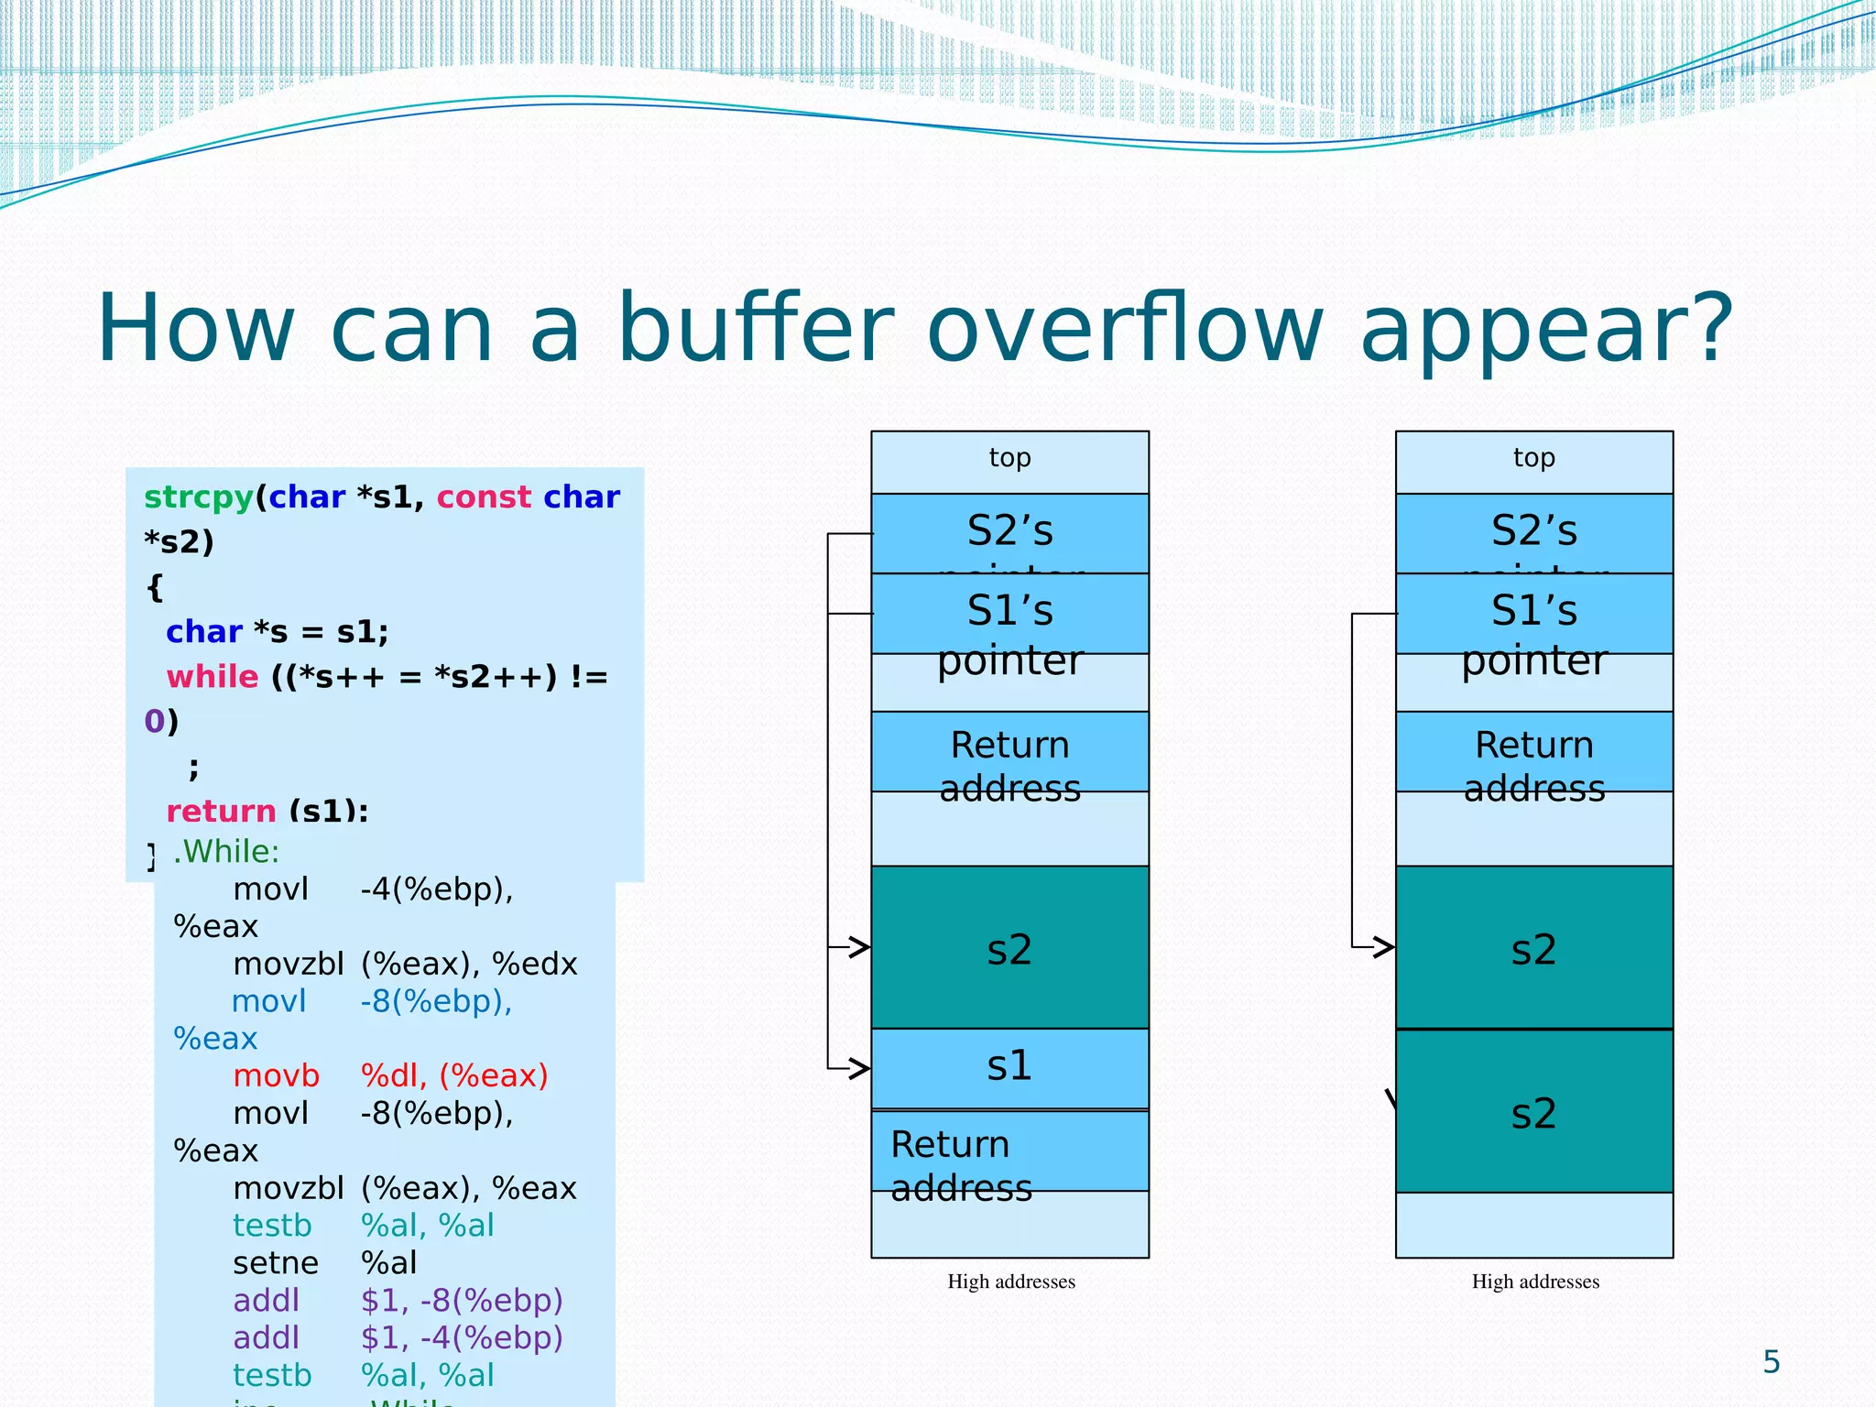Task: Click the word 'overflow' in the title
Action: [x=1126, y=328]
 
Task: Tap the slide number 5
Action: [x=1771, y=1362]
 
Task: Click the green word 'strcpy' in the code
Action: [x=199, y=496]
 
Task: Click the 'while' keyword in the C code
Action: [x=213, y=677]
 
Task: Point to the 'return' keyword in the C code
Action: [x=221, y=811]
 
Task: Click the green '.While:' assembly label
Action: [x=226, y=851]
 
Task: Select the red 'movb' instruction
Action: [x=276, y=1075]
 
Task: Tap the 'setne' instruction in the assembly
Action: [x=275, y=1263]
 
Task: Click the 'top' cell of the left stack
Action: [x=1009, y=459]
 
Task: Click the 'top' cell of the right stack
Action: [x=1533, y=459]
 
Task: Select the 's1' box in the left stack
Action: [x=1009, y=1066]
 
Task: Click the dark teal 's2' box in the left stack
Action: [x=1009, y=948]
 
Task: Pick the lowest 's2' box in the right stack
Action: [x=1533, y=1112]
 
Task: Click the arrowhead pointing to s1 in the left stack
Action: [x=860, y=1068]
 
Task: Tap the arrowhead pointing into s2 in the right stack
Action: [x=1384, y=947]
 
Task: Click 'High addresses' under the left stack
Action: [x=1010, y=1282]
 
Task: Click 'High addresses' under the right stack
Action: [x=1535, y=1282]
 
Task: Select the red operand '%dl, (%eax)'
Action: [x=454, y=1075]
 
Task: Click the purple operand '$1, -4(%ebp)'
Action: [x=462, y=1338]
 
